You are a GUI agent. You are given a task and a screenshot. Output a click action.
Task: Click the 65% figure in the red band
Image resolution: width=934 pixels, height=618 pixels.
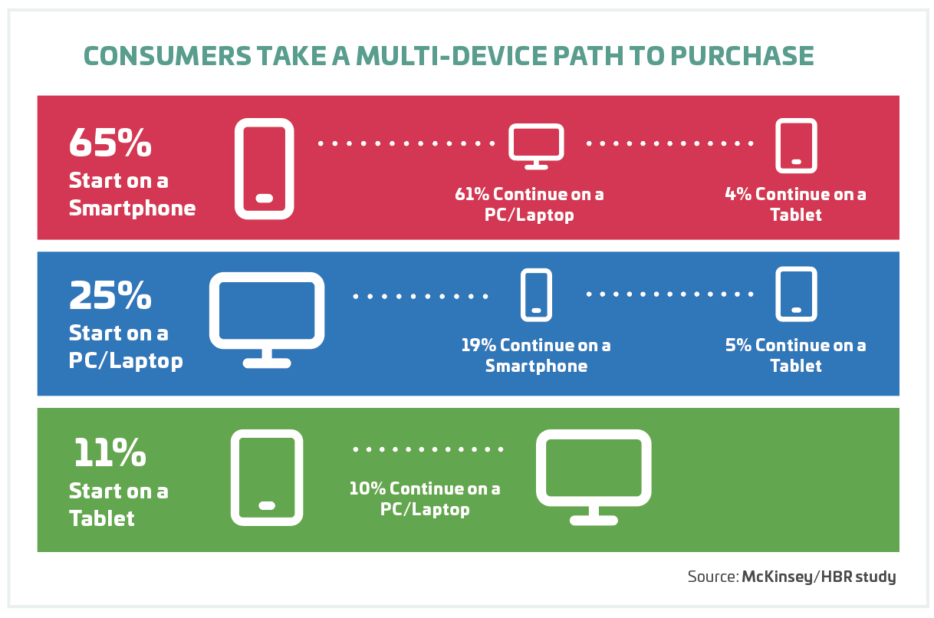(x=110, y=143)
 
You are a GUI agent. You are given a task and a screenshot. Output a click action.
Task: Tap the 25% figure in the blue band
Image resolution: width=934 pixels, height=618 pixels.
(x=110, y=295)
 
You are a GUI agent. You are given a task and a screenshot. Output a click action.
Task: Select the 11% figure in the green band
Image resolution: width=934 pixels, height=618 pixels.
(x=110, y=452)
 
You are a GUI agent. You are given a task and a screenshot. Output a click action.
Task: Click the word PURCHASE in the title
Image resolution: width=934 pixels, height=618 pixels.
(x=742, y=56)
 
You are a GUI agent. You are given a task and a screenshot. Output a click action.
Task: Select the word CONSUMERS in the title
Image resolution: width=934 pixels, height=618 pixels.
(x=168, y=56)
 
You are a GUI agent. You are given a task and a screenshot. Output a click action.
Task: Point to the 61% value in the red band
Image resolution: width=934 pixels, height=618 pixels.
(x=472, y=194)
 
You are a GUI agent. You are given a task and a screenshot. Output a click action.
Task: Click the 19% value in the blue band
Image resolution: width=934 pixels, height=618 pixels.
(x=478, y=345)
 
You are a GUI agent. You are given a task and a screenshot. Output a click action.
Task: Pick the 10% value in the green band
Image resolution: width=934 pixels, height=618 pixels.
(x=367, y=488)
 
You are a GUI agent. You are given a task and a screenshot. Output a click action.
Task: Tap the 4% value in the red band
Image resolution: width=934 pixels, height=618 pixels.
(x=738, y=194)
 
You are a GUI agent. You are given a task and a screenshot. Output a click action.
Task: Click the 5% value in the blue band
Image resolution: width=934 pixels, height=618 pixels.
(x=738, y=345)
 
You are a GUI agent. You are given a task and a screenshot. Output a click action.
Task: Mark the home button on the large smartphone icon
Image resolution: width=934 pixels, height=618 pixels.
(x=265, y=199)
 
